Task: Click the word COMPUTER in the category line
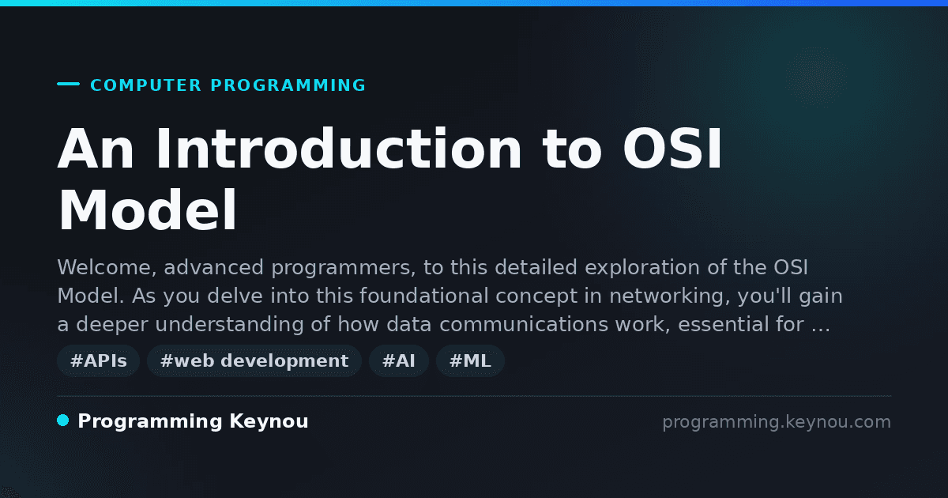(x=145, y=85)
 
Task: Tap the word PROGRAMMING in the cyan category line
(x=288, y=85)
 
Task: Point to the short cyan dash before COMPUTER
(x=68, y=84)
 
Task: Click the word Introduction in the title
(x=339, y=149)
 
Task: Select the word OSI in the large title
(x=672, y=149)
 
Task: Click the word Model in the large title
(x=147, y=210)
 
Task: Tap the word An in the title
(x=96, y=149)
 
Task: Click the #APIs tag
(x=98, y=360)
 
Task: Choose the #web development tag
(x=254, y=360)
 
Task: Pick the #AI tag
(x=399, y=360)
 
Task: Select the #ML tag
(x=470, y=360)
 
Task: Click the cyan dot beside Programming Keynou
(x=62, y=421)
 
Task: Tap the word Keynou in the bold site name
(x=269, y=422)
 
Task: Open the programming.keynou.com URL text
(x=777, y=422)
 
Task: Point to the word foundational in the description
(x=424, y=296)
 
